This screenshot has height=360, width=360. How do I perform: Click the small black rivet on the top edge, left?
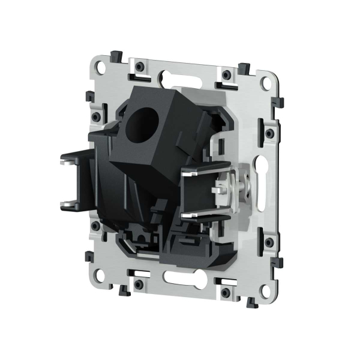coord(139,65)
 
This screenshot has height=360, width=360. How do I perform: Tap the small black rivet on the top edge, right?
coord(226,76)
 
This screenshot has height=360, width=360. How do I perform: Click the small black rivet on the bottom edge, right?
coord(226,292)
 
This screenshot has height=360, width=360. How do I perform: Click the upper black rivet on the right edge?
coord(269,131)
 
